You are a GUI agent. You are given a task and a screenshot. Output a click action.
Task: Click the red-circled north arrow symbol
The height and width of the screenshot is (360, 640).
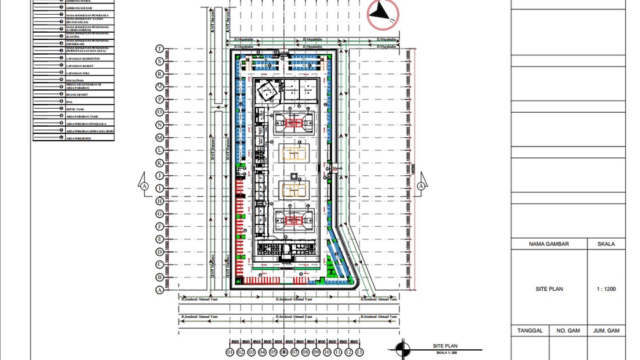click(382, 13)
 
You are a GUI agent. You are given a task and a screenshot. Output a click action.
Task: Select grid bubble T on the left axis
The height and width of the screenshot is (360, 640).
click(159, 49)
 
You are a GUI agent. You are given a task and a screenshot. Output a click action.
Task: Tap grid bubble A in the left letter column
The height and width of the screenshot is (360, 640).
click(159, 290)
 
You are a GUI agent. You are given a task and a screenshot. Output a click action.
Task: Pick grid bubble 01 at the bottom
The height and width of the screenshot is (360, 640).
click(230, 351)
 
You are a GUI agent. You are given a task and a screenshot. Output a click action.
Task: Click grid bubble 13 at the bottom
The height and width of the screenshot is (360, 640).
click(359, 351)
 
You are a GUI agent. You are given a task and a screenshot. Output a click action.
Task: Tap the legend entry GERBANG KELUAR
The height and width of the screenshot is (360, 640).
click(78, 7)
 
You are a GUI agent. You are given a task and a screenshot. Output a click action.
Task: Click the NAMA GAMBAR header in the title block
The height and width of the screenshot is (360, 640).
click(549, 244)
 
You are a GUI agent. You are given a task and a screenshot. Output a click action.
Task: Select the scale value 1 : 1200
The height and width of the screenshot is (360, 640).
click(606, 290)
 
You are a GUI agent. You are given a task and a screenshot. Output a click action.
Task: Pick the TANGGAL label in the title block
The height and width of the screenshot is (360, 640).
click(530, 331)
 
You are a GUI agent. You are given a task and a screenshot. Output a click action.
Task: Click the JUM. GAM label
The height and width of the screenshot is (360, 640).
click(607, 331)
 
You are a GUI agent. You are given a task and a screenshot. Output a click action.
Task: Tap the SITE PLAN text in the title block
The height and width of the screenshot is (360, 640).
click(549, 290)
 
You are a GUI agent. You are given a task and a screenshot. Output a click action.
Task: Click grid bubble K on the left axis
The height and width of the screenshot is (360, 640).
click(159, 163)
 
